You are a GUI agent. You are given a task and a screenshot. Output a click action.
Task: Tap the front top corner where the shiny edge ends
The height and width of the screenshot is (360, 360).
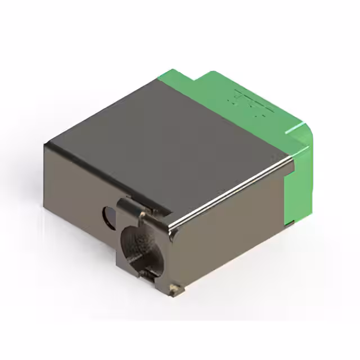tap(171, 227)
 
